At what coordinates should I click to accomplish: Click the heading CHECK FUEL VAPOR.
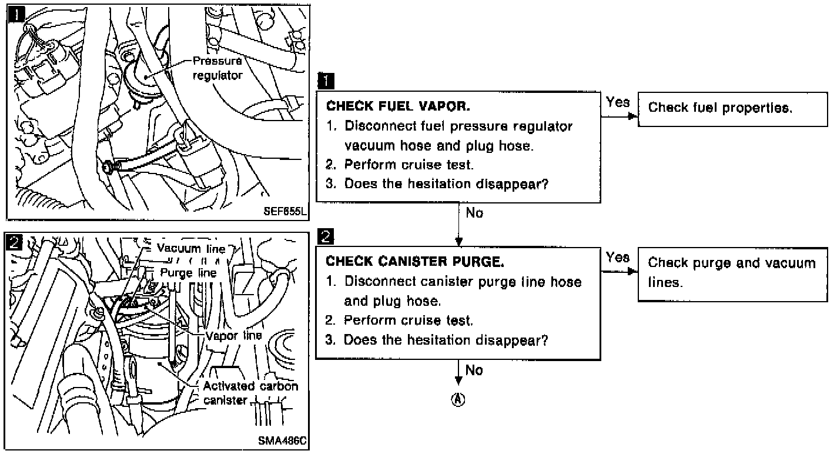pyautogui.click(x=398, y=107)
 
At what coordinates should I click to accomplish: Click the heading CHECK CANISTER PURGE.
pyautogui.click(x=416, y=261)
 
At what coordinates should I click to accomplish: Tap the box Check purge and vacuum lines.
pyautogui.click(x=732, y=272)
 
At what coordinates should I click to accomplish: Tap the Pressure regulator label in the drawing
pyautogui.click(x=217, y=68)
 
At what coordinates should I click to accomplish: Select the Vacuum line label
pyautogui.click(x=191, y=248)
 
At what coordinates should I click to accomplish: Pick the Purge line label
pyautogui.click(x=188, y=273)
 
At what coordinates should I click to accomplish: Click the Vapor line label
pyautogui.click(x=233, y=336)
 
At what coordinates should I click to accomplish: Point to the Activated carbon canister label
pyautogui.click(x=250, y=393)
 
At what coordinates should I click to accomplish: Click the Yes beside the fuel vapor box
pyautogui.click(x=618, y=102)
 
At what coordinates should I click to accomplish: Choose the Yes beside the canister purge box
pyautogui.click(x=618, y=258)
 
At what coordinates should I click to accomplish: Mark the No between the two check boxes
pyautogui.click(x=474, y=213)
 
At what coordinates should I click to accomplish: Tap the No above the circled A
pyautogui.click(x=474, y=370)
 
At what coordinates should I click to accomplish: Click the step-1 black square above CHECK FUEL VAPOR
pyautogui.click(x=325, y=79)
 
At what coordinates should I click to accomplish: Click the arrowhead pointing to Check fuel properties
pyautogui.click(x=632, y=116)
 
